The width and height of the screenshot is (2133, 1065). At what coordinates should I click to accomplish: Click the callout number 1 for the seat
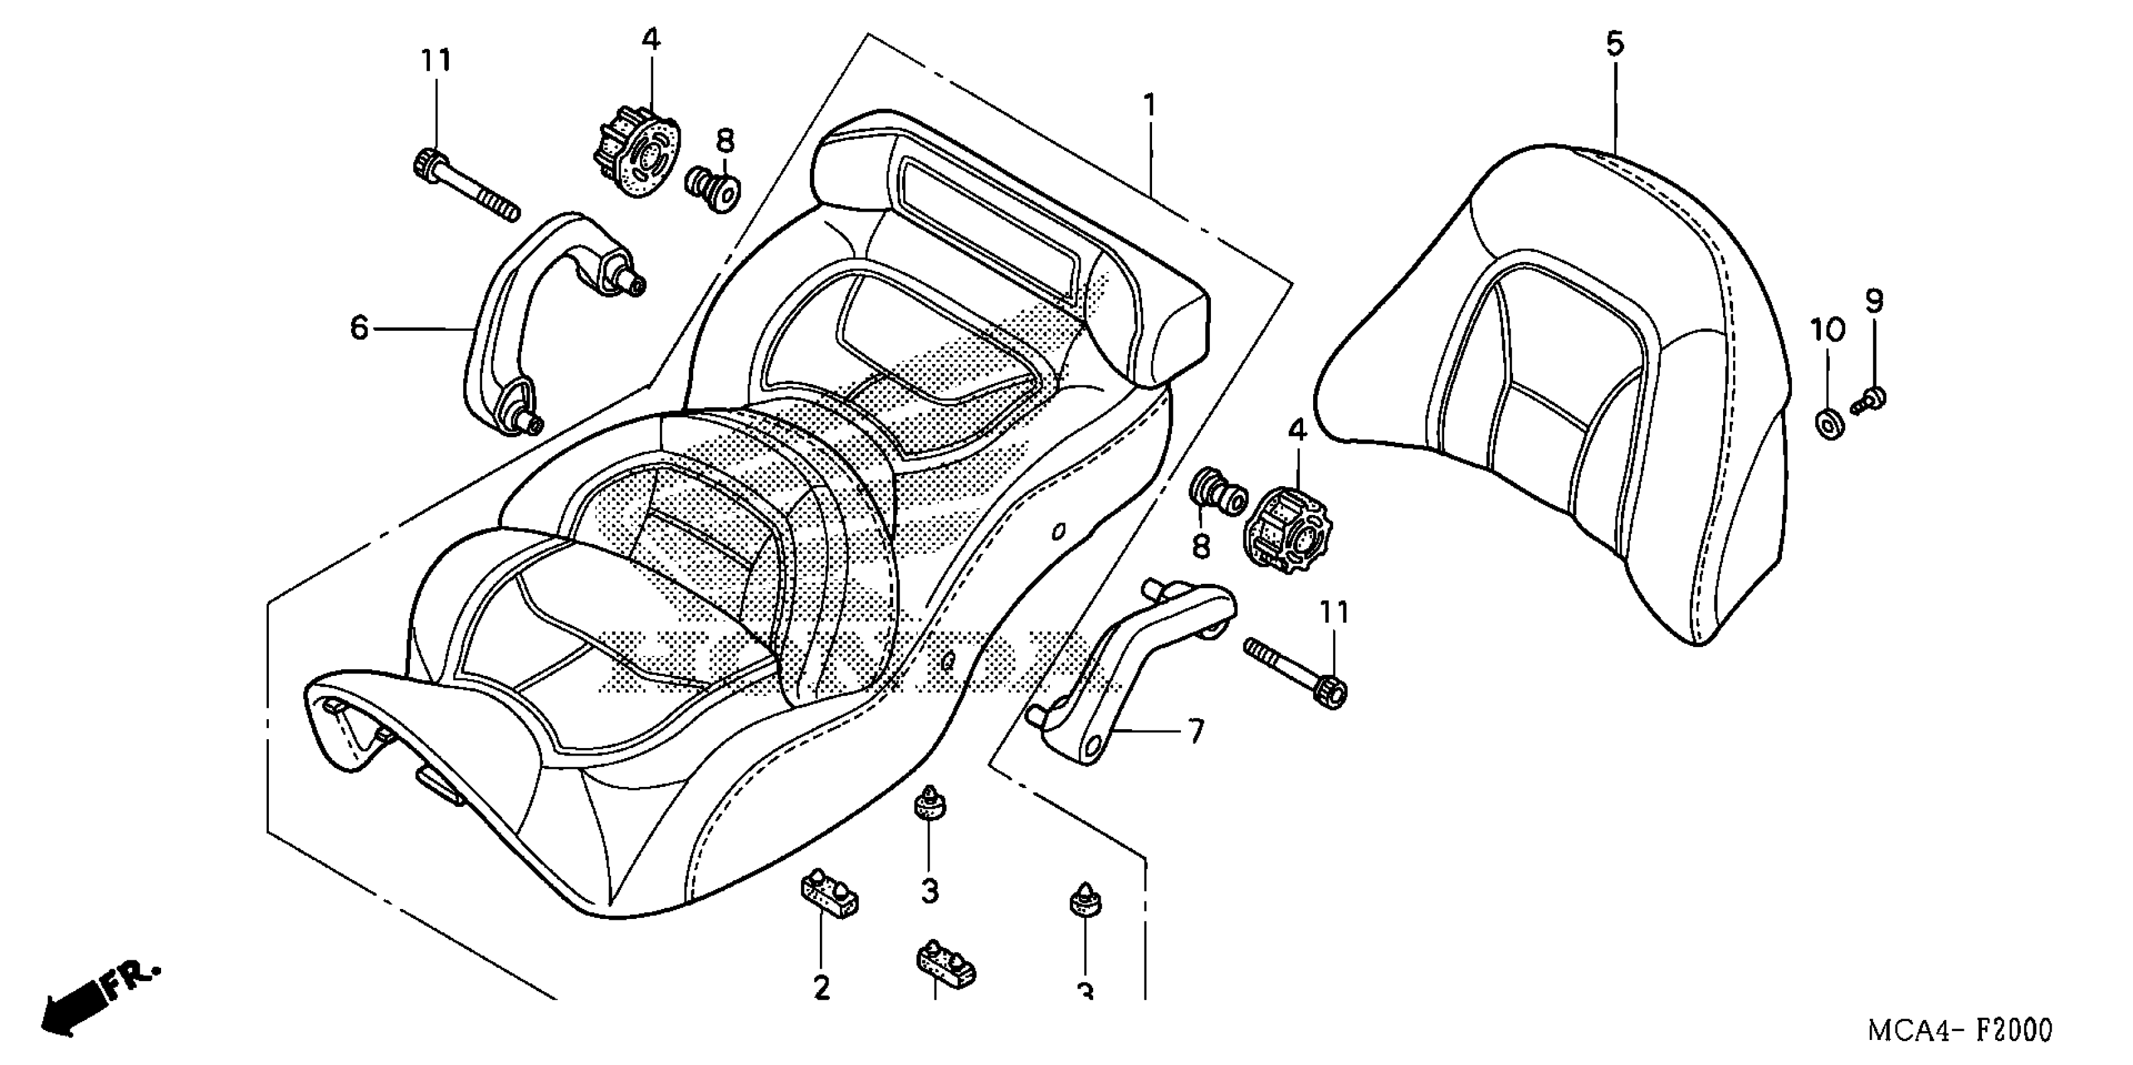1150,106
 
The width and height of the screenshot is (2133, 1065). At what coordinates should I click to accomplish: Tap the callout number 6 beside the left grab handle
359,328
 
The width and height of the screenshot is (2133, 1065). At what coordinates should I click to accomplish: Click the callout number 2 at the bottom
820,987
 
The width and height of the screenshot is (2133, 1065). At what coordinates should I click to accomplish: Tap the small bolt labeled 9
1868,403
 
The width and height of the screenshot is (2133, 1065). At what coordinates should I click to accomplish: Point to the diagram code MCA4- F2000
1958,1031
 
